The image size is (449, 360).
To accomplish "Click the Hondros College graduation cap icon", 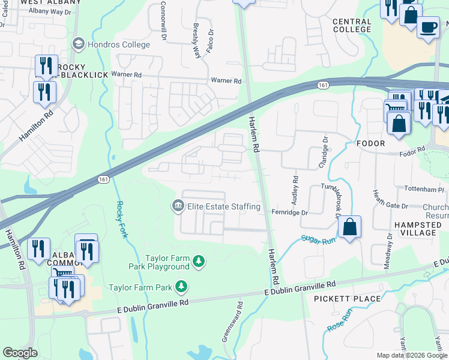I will [77, 43].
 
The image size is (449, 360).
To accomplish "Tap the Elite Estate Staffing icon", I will [178, 206].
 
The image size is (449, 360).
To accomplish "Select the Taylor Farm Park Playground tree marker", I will [199, 262].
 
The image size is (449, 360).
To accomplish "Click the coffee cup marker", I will [427, 28].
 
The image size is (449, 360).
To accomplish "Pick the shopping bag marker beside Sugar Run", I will [349, 227].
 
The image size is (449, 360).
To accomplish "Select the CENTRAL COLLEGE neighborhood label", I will [352, 25].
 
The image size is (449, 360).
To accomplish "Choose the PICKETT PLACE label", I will [348, 298].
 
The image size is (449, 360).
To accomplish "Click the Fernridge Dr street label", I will [289, 212].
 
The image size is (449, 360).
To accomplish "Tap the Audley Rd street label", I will [295, 188].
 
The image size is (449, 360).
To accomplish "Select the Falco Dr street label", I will [210, 40].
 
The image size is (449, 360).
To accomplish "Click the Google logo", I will [20, 353].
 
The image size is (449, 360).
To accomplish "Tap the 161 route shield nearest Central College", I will [323, 86].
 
